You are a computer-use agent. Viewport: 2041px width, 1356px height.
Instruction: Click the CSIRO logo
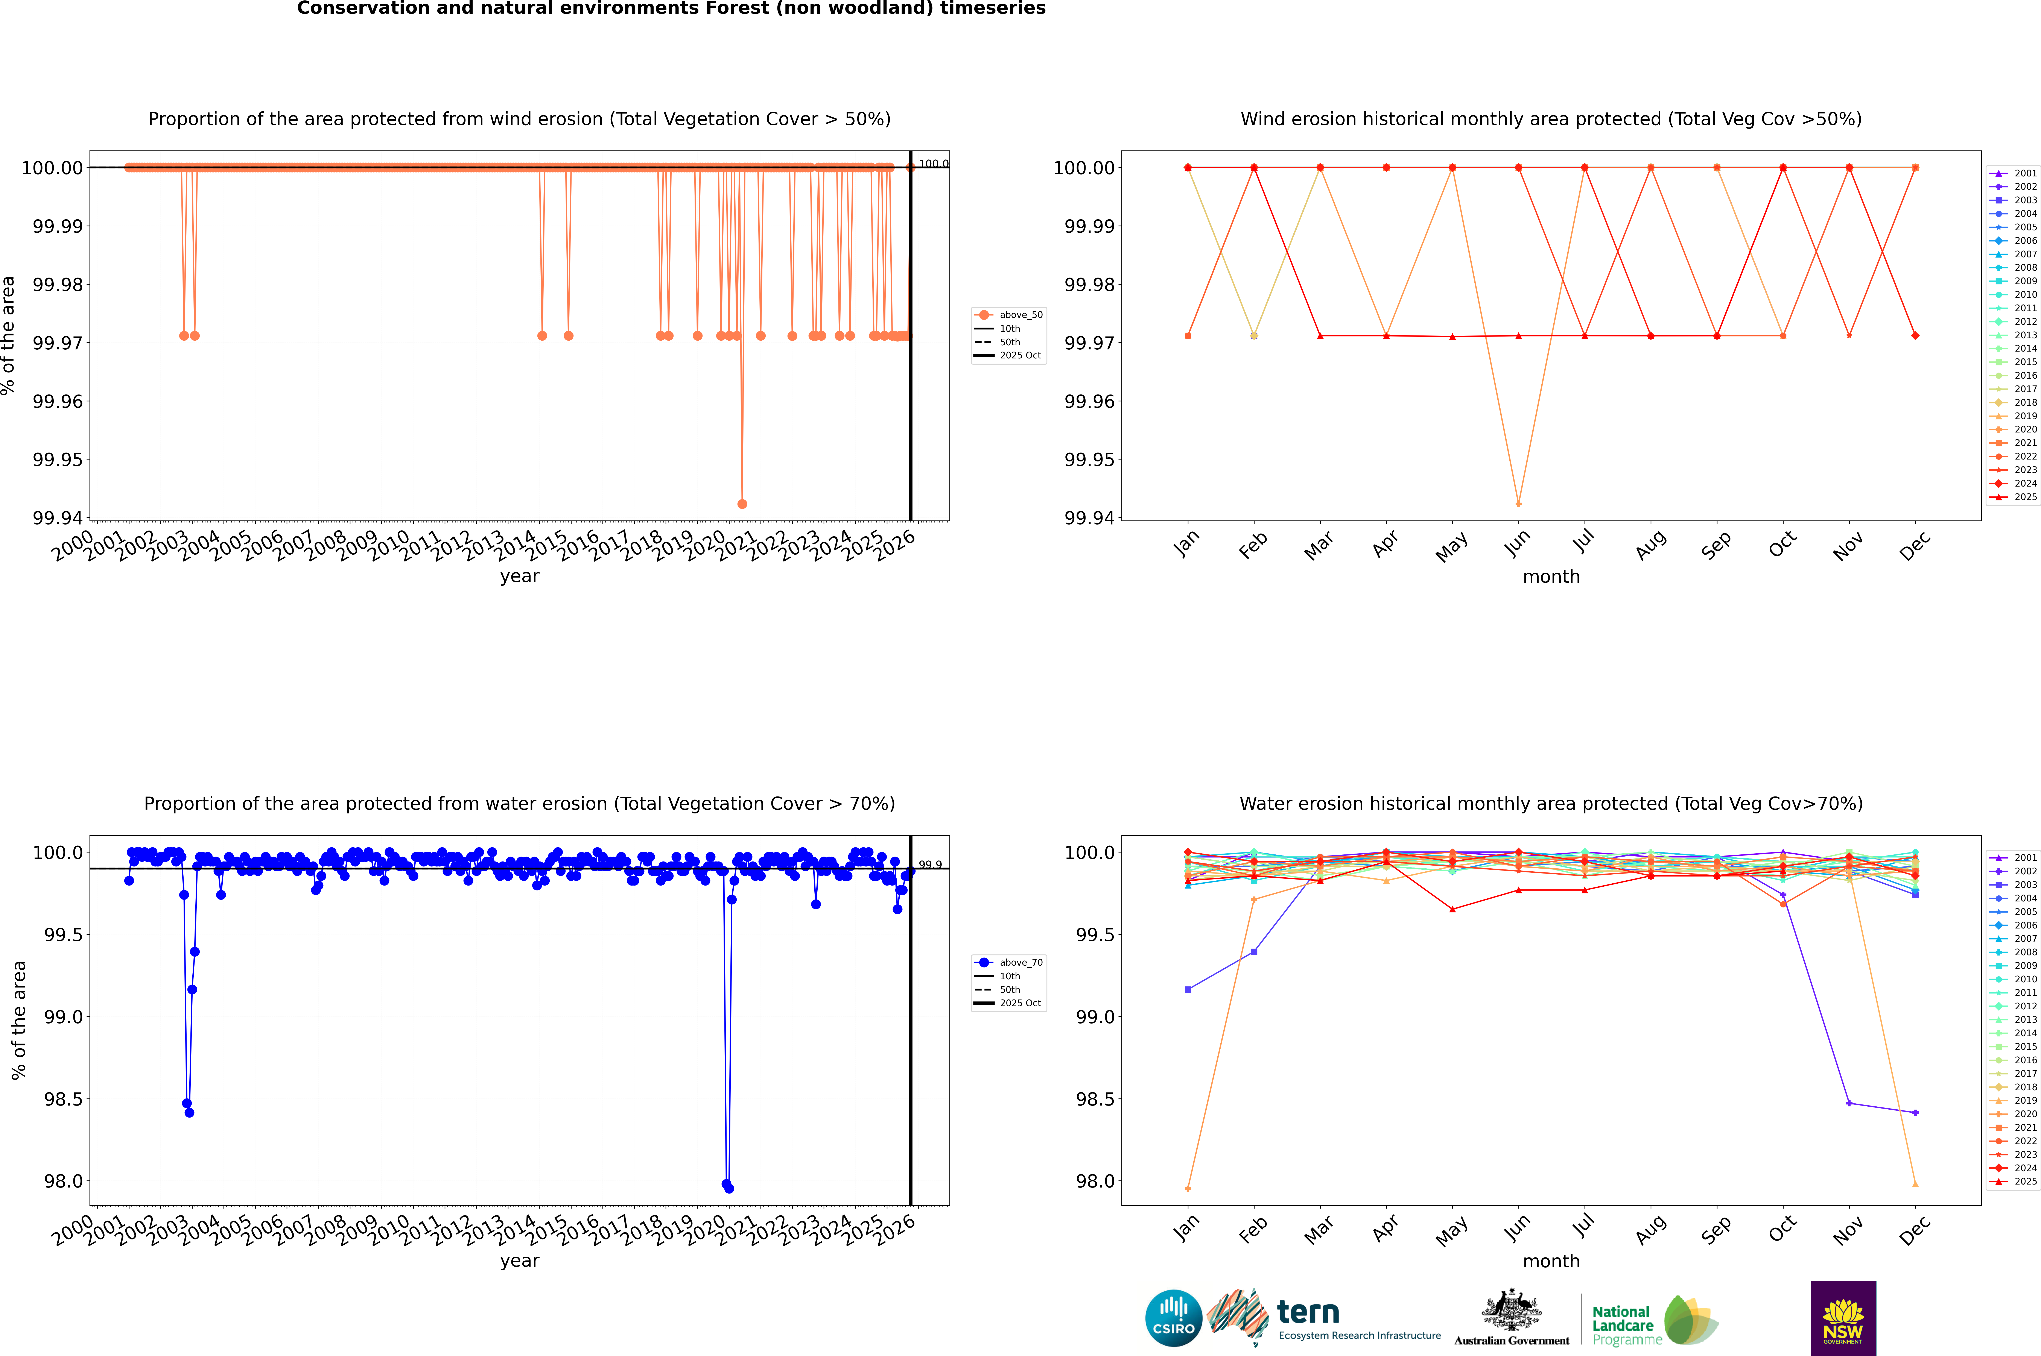1173,1318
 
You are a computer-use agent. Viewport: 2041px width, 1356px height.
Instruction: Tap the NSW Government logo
1843,1318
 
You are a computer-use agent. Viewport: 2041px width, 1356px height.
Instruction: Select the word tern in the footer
1308,1313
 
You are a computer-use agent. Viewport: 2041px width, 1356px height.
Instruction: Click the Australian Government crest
1512,1313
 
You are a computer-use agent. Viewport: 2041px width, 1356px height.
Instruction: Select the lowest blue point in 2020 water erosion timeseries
728,1188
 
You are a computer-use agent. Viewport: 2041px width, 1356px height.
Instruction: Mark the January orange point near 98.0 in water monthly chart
1188,1188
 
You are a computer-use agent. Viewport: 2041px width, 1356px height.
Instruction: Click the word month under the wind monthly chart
1550,577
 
